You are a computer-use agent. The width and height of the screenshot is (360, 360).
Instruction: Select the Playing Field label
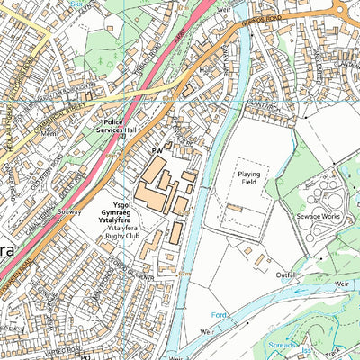[248, 175]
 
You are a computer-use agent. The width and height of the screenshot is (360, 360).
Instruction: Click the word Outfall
[286, 275]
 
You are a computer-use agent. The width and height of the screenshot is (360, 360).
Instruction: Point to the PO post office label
[86, 356]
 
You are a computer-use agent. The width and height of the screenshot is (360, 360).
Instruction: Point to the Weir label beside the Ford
[209, 331]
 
